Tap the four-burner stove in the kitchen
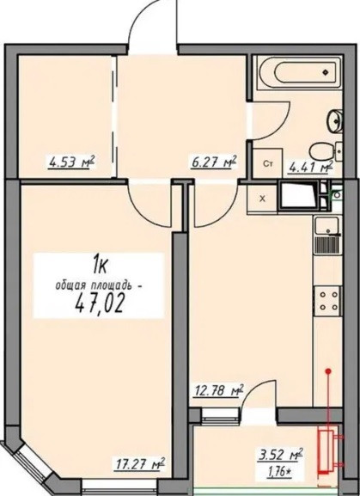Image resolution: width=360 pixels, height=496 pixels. (x=326, y=299)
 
